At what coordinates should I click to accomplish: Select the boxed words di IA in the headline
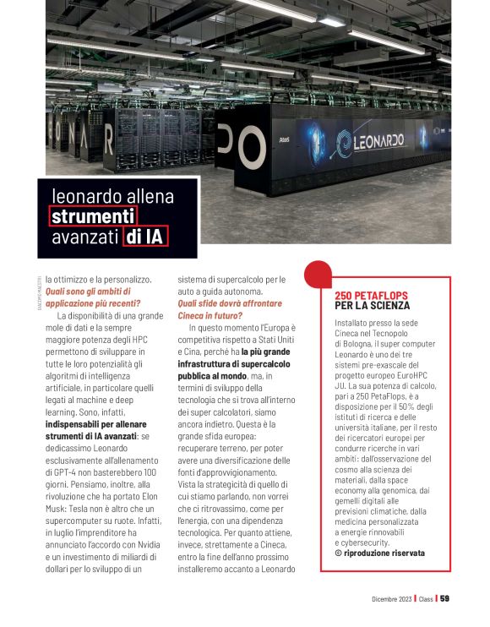point(144,237)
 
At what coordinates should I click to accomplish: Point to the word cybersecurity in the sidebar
point(364,542)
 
